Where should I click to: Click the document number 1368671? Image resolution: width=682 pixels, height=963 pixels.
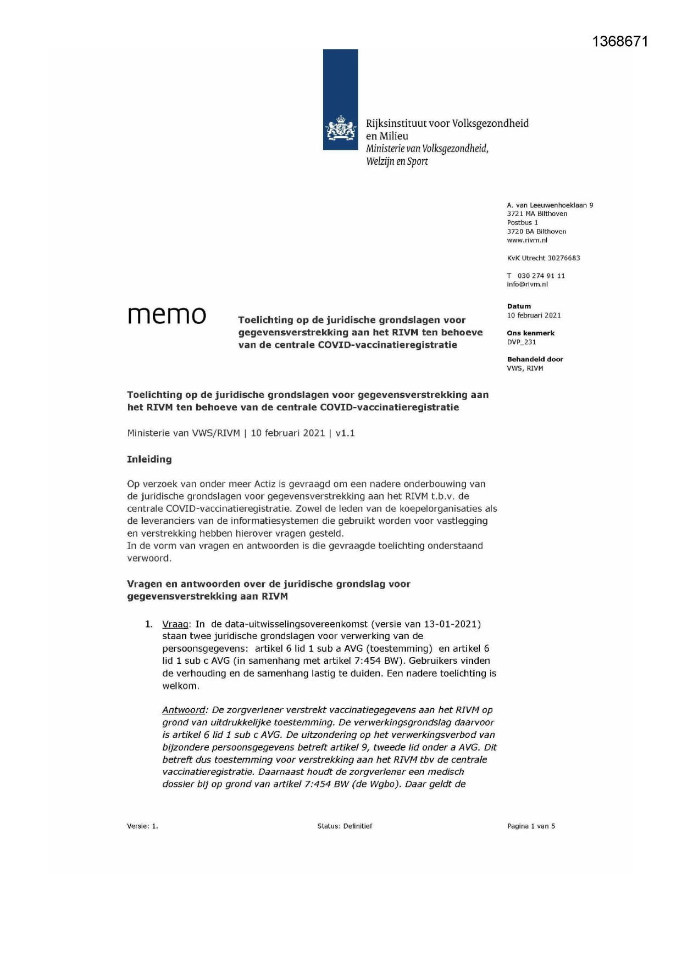tap(620, 42)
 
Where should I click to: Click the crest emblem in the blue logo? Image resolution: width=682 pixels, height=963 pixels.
tap(341, 130)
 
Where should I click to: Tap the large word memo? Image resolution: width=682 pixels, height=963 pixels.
tap(167, 315)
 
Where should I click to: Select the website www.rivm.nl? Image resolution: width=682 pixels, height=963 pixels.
tap(527, 240)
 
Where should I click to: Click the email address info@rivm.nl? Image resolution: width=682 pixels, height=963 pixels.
tap(527, 284)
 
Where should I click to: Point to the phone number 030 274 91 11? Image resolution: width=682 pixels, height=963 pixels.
tap(541, 276)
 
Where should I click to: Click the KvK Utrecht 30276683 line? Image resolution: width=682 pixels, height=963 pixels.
tap(543, 258)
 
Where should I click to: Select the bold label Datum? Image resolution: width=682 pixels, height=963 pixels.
tap(519, 306)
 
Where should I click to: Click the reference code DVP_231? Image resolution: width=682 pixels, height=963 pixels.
tap(521, 342)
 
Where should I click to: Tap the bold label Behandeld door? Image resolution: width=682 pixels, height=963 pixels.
tap(535, 359)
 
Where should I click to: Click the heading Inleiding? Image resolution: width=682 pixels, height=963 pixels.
tap(149, 459)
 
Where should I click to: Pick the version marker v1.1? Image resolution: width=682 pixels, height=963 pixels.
tap(345, 433)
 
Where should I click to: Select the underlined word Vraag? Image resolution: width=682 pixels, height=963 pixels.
tap(175, 624)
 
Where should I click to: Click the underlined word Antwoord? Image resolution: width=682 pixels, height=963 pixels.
tap(184, 710)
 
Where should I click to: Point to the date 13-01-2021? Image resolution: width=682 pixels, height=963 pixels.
tap(452, 624)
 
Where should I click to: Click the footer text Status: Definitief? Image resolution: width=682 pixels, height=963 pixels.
tap(345, 826)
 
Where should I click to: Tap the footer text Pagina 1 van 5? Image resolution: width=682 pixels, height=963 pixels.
tap(531, 826)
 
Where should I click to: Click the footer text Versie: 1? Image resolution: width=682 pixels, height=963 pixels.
tap(142, 826)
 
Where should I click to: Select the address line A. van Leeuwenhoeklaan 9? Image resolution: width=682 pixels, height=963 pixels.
tap(550, 205)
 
